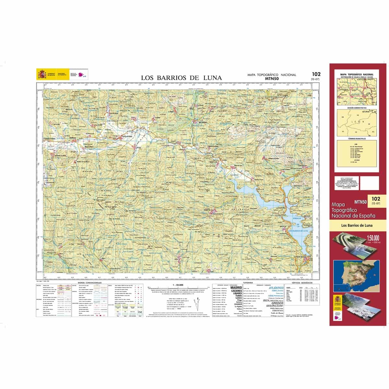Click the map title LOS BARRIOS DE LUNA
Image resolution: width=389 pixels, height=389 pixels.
click(182, 78)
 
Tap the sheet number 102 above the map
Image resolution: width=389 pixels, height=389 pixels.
click(316, 74)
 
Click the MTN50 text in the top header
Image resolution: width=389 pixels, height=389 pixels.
click(272, 78)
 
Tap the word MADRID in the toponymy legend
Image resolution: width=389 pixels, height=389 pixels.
click(236, 288)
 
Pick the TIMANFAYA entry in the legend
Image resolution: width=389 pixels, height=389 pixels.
click(277, 310)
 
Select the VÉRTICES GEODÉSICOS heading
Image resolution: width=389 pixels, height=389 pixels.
click(302, 283)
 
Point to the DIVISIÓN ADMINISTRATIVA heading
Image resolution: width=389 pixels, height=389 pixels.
click(357, 108)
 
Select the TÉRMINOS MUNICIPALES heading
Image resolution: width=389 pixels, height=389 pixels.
click(357, 138)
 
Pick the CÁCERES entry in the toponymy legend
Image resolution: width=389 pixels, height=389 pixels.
click(236, 291)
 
